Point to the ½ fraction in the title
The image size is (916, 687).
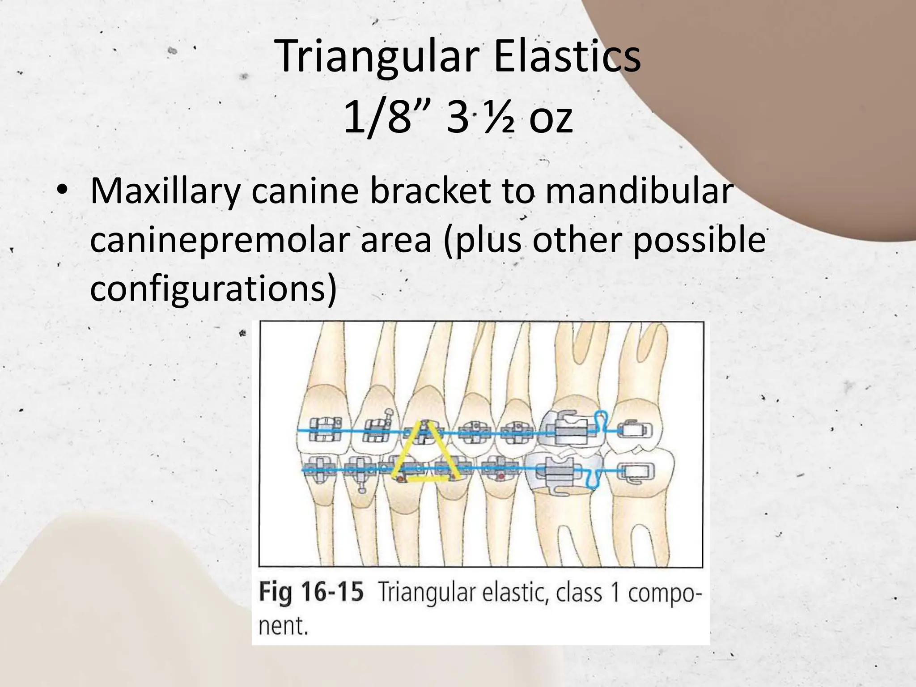pyautogui.click(x=501, y=119)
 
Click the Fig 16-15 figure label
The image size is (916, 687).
pyautogui.click(x=311, y=593)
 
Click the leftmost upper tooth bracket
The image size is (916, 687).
pyautogui.click(x=325, y=428)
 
